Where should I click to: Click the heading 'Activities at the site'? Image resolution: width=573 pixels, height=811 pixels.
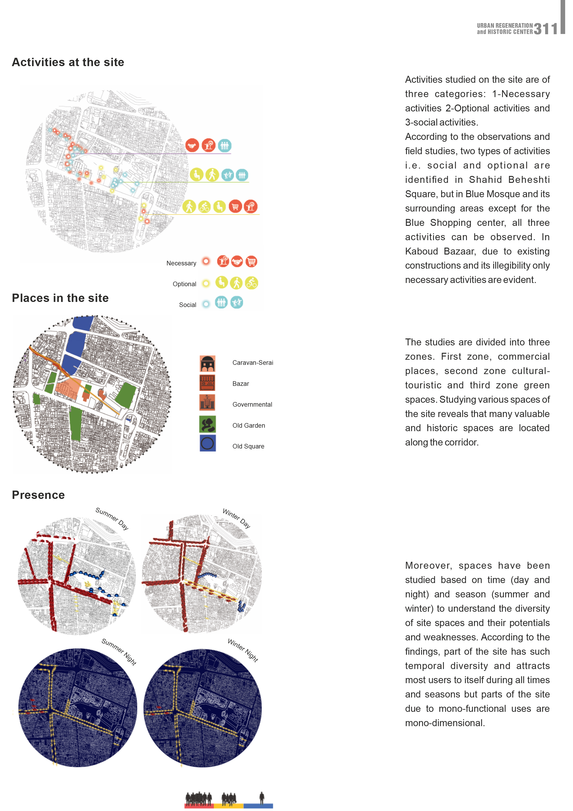click(68, 62)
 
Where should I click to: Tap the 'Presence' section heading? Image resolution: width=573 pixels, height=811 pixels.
click(38, 495)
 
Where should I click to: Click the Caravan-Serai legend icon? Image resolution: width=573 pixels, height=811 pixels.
click(207, 363)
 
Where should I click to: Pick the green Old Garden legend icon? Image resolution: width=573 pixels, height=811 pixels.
click(207, 424)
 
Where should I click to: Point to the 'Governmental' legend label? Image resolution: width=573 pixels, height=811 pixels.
click(252, 404)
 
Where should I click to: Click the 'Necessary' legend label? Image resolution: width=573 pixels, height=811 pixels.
click(181, 263)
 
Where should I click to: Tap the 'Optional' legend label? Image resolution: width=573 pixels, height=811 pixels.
click(184, 284)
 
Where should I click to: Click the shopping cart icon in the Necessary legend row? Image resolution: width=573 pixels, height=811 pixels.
click(251, 262)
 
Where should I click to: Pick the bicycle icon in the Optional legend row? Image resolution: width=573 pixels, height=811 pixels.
click(251, 283)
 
